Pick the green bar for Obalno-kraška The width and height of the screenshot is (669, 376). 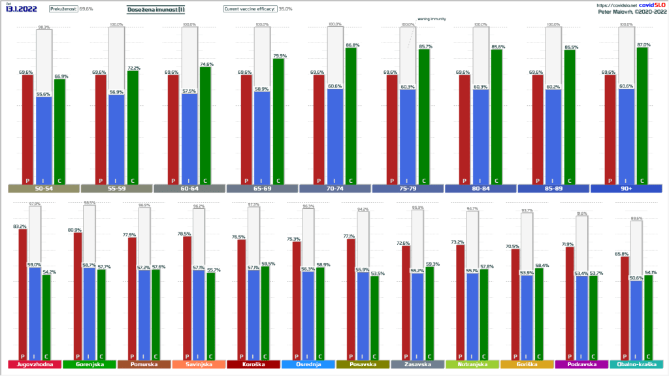pos(648,317)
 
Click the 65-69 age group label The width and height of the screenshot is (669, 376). pos(262,189)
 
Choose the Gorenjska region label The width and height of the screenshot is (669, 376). pos(88,365)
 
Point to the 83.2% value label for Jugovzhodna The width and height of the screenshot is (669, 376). pos(20,227)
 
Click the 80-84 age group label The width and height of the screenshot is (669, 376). pos(480,189)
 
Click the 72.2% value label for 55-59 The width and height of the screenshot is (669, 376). pos(133,68)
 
